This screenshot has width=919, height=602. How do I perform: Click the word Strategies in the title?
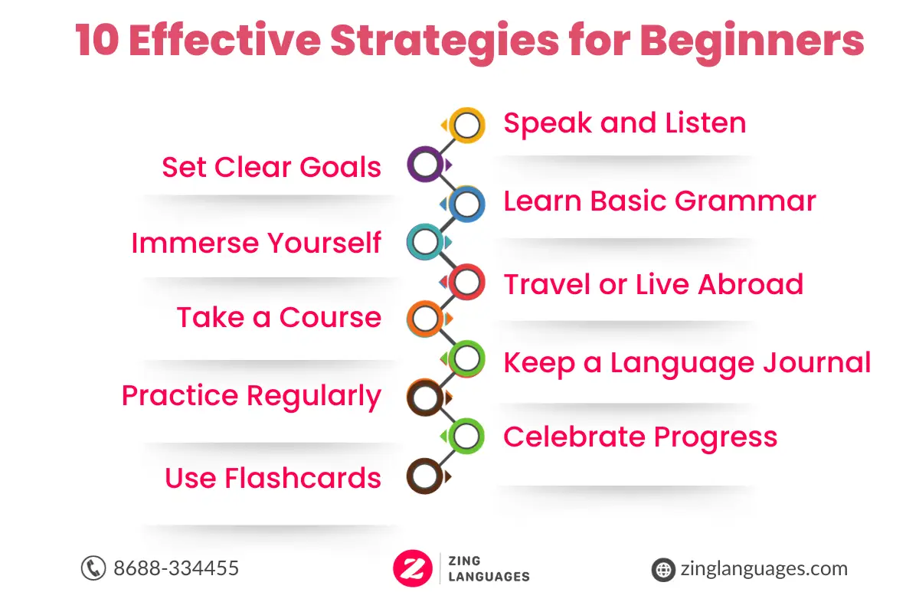click(x=445, y=42)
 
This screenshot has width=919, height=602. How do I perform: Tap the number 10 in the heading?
click(x=97, y=40)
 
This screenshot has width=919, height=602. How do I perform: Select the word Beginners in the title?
click(x=752, y=42)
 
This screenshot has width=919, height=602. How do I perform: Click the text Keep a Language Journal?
click(x=687, y=364)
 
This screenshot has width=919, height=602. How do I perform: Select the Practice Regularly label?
click(x=251, y=397)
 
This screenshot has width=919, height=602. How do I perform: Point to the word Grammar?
click(x=745, y=201)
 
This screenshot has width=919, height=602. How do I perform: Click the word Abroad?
click(x=751, y=284)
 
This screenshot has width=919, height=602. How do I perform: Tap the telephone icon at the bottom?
click(x=93, y=568)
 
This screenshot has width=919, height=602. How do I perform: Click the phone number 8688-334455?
click(x=176, y=568)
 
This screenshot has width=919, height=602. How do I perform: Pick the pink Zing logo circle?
click(x=413, y=568)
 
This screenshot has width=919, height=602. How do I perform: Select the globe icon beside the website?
click(x=663, y=570)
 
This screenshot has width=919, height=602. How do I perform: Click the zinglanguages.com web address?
click(x=764, y=569)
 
